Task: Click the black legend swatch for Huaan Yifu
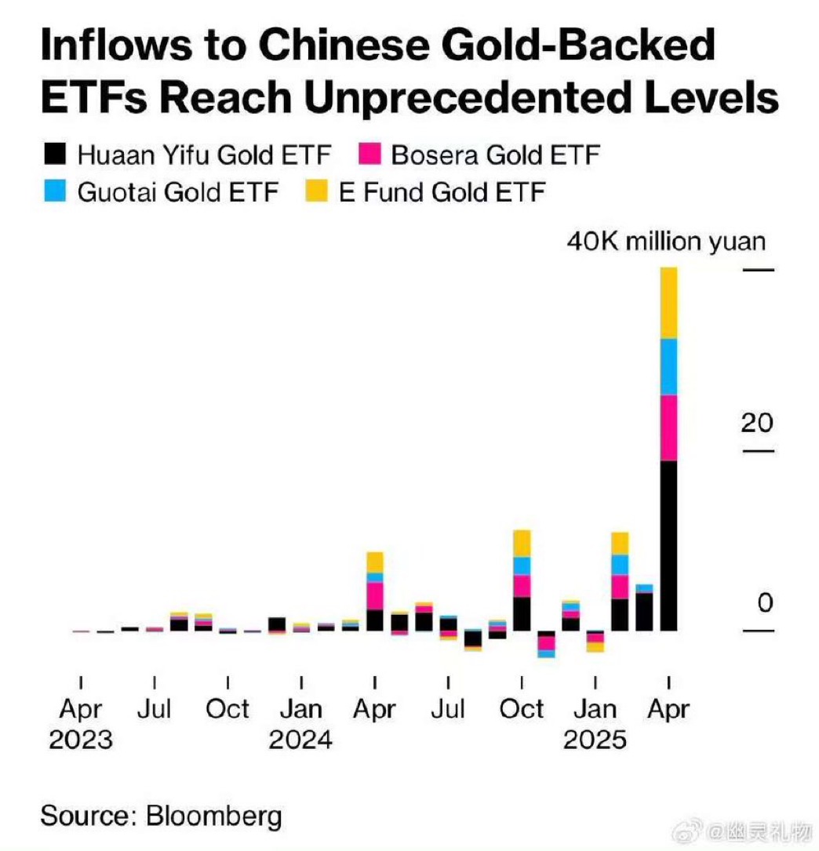pyautogui.click(x=54, y=154)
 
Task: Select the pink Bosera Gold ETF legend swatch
pyautogui.click(x=369, y=154)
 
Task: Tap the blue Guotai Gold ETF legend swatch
pyautogui.click(x=54, y=192)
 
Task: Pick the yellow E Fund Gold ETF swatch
pyautogui.click(x=316, y=192)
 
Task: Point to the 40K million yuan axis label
pyautogui.click(x=665, y=240)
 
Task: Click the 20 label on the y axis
pyautogui.click(x=757, y=423)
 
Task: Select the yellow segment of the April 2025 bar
pyautogui.click(x=668, y=303)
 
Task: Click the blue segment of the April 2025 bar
pyautogui.click(x=668, y=366)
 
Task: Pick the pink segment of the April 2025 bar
pyautogui.click(x=668, y=427)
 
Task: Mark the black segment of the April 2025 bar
pyautogui.click(x=668, y=545)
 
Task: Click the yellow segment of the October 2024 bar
pyautogui.click(x=522, y=543)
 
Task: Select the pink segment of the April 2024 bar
pyautogui.click(x=375, y=595)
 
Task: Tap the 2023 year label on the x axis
pyautogui.click(x=81, y=740)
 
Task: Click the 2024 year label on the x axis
pyautogui.click(x=300, y=740)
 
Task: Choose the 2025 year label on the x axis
pyautogui.click(x=595, y=740)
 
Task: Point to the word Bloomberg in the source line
pyautogui.click(x=213, y=816)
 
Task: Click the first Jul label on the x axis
pyautogui.click(x=155, y=710)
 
